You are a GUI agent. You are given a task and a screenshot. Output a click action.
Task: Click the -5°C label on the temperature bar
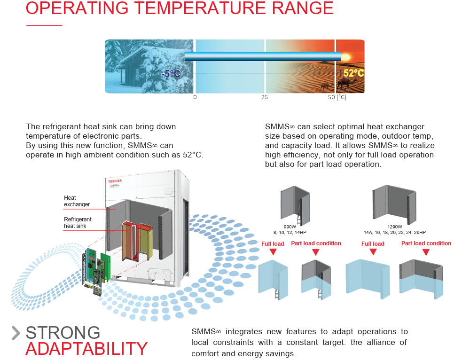click(x=171, y=73)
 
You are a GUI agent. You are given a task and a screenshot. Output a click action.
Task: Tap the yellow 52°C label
click(x=353, y=73)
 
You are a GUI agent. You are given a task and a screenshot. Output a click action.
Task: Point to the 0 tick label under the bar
click(x=195, y=97)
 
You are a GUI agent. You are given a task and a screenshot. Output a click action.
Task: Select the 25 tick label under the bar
click(x=265, y=97)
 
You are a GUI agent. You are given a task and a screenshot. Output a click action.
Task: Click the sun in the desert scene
click(x=345, y=57)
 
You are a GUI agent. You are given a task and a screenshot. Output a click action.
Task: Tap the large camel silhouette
click(x=347, y=84)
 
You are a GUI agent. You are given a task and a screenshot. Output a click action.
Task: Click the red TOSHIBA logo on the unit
click(x=115, y=181)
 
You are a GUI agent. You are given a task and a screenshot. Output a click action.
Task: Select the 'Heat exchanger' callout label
click(x=77, y=201)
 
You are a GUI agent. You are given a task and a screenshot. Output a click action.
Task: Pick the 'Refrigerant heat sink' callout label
click(x=78, y=222)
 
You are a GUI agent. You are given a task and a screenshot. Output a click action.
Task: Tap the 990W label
click(x=290, y=227)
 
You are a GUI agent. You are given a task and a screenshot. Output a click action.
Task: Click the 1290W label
click(x=395, y=227)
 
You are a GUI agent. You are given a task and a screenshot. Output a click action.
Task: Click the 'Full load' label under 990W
click(x=273, y=243)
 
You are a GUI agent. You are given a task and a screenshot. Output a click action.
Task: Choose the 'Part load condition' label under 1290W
click(x=426, y=243)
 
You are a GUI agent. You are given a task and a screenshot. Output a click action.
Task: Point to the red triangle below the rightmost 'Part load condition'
click(x=426, y=252)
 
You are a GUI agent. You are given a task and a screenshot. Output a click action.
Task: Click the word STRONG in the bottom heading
click(x=63, y=333)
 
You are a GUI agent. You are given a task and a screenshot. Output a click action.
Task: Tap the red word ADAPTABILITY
click(x=86, y=349)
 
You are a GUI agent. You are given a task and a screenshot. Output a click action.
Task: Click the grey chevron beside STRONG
click(x=16, y=333)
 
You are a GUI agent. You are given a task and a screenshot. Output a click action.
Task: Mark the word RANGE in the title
click(x=303, y=8)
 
